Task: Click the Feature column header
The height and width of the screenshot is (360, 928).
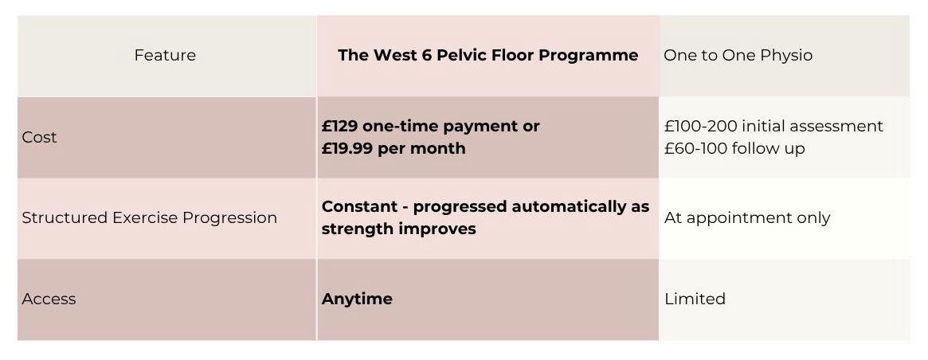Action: (x=165, y=55)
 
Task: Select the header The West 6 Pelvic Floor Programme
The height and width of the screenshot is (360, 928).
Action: (x=487, y=55)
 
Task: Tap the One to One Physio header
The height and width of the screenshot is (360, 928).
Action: (x=738, y=55)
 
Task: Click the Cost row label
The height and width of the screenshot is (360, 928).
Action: (x=39, y=137)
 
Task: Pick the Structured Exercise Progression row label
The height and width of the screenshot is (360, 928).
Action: (x=149, y=217)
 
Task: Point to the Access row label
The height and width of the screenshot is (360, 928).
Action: (x=49, y=299)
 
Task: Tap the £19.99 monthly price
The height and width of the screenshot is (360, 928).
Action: (x=348, y=148)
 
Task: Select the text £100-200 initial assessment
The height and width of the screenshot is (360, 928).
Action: (x=773, y=126)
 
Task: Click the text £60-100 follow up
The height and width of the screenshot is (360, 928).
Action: (x=734, y=148)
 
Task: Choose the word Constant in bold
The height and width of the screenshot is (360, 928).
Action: (x=358, y=206)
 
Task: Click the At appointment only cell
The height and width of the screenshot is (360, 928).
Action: (x=747, y=217)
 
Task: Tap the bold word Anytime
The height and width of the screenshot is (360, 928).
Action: (x=357, y=299)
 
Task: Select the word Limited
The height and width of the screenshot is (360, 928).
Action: (x=695, y=299)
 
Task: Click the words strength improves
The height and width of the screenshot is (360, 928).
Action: (x=398, y=229)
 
